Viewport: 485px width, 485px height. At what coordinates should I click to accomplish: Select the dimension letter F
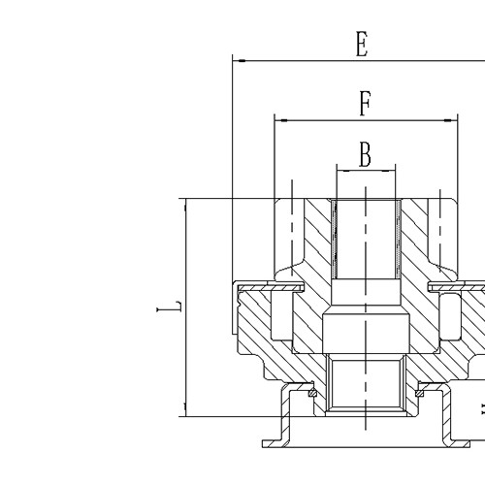pos(364,104)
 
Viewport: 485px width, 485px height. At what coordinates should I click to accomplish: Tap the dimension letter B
pos(366,153)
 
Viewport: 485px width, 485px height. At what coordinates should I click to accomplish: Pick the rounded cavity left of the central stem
pos(281,315)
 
